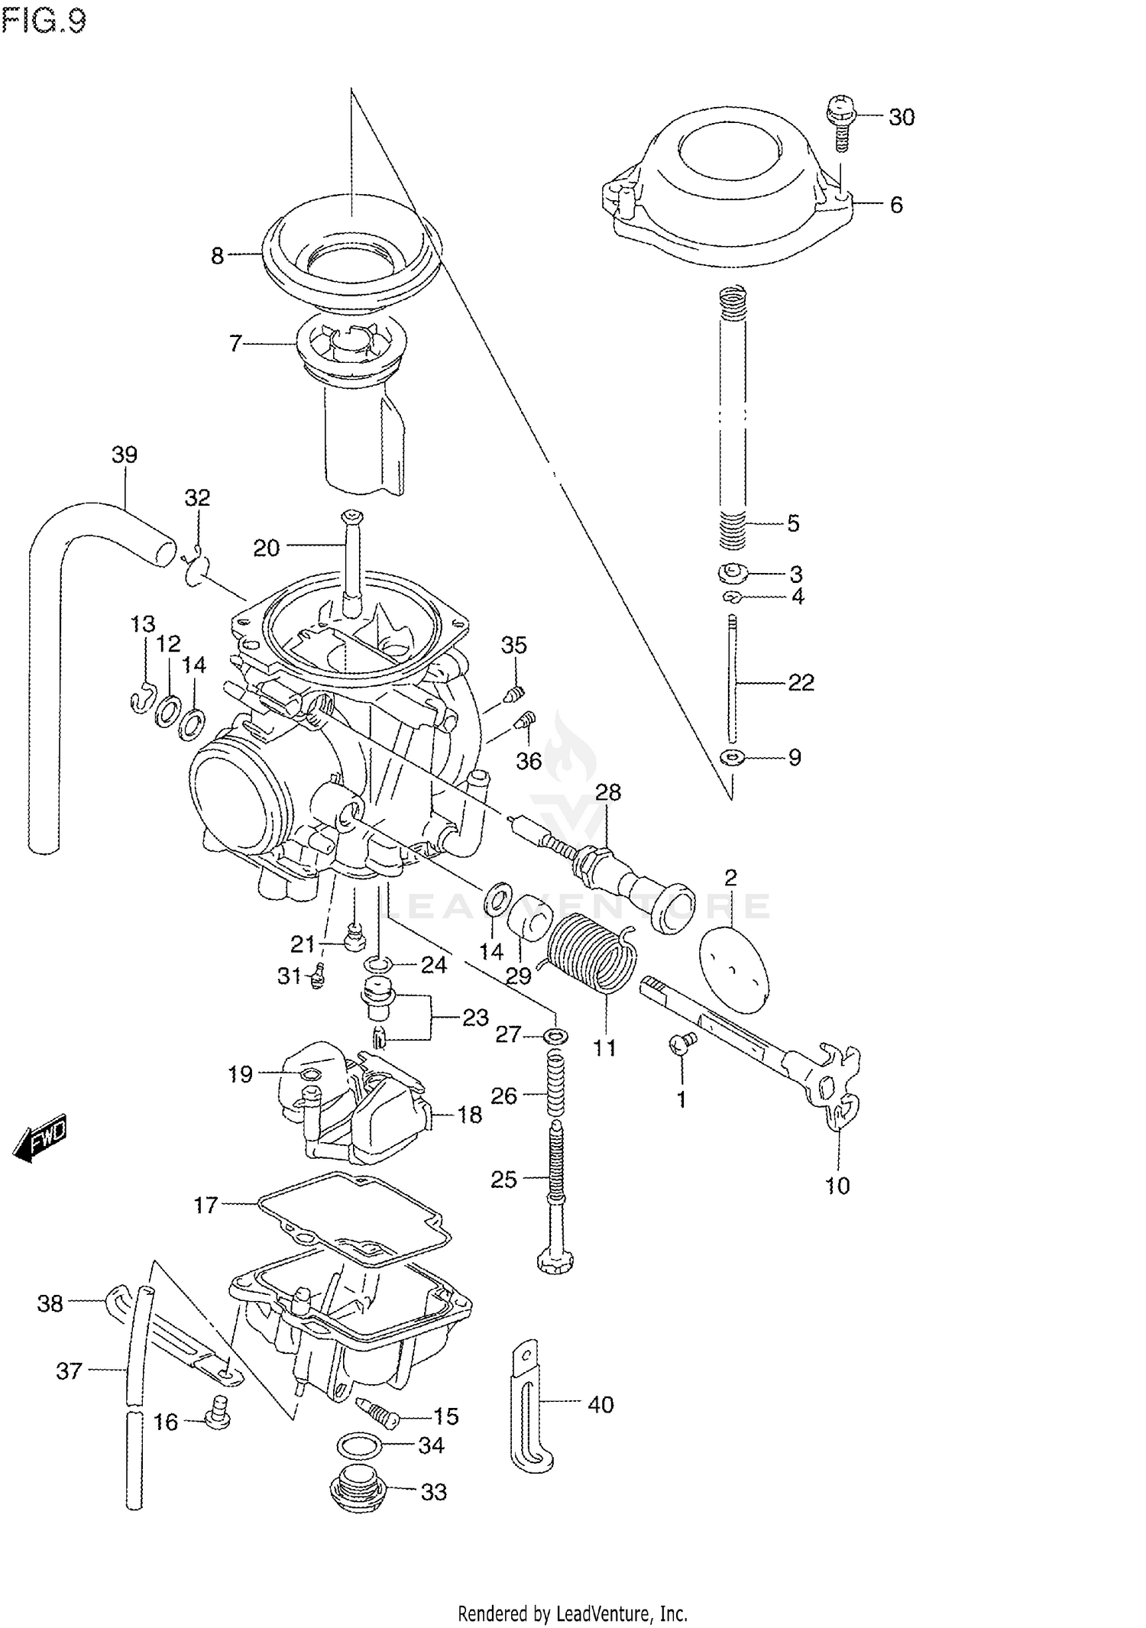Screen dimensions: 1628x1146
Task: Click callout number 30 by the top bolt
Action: tap(902, 117)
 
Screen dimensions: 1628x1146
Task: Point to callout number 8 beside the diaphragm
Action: tap(218, 256)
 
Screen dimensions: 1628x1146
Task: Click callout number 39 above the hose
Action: tap(125, 455)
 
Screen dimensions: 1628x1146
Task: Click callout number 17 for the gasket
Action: tap(206, 1205)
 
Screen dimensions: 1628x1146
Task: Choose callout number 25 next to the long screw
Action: tap(504, 1180)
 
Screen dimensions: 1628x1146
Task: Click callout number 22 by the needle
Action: tap(801, 682)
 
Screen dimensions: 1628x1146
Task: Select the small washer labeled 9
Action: tap(732, 758)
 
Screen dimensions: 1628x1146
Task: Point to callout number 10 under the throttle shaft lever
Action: tap(837, 1186)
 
